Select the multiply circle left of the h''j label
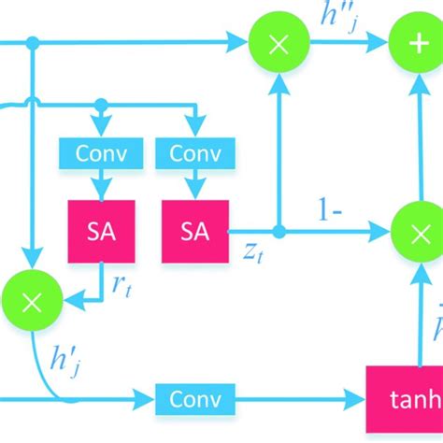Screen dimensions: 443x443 [x=278, y=43]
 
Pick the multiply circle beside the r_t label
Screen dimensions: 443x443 [x=32, y=299]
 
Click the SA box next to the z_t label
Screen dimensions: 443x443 [x=194, y=230]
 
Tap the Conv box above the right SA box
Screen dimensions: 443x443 [x=194, y=151]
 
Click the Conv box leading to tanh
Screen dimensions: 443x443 [x=194, y=425]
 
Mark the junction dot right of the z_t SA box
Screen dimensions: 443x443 [x=278, y=230]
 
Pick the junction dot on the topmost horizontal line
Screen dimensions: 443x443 [x=32, y=43]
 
